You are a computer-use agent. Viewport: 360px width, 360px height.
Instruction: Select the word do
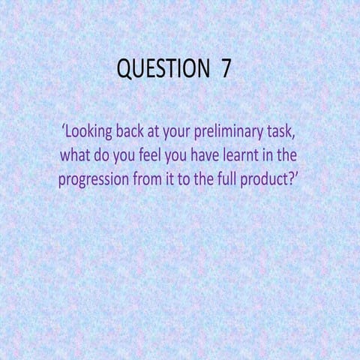pyautogui.click(x=105, y=157)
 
